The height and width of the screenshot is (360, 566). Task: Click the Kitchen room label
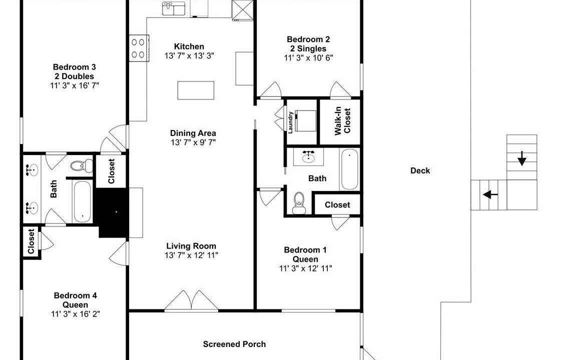(x=189, y=46)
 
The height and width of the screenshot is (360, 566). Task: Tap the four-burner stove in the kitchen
(x=139, y=48)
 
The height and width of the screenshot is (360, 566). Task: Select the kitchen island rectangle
(x=196, y=90)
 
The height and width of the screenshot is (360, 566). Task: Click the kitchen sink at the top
(x=174, y=8)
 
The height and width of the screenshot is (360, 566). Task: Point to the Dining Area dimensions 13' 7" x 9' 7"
(x=193, y=142)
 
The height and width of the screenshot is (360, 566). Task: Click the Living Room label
(x=191, y=246)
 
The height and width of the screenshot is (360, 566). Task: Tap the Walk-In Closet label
(x=342, y=121)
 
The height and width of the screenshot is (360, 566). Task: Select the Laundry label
(x=290, y=122)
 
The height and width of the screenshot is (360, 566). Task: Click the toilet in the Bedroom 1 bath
(x=299, y=202)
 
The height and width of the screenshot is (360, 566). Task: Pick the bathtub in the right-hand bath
(x=349, y=169)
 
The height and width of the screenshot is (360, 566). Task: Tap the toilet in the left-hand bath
(x=82, y=166)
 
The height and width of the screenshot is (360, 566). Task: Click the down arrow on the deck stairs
(x=521, y=158)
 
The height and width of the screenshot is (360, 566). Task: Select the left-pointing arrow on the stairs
(x=490, y=195)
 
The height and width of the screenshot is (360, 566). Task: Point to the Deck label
(x=420, y=170)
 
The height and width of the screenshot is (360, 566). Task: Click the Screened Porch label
(x=234, y=344)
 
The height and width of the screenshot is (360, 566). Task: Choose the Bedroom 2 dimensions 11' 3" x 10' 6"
(x=308, y=57)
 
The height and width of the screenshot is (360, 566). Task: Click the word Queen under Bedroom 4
(x=75, y=305)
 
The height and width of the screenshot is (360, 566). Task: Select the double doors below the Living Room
(x=191, y=300)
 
